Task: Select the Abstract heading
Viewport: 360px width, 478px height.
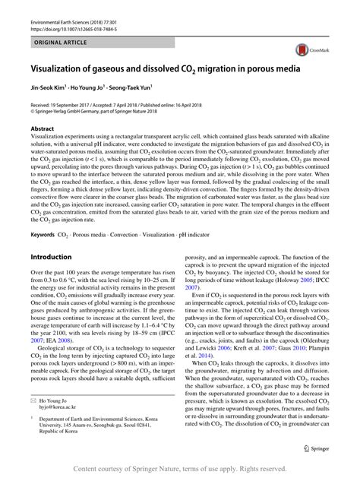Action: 43,129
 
